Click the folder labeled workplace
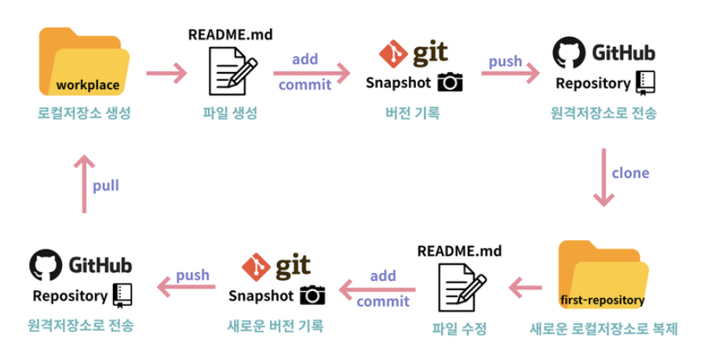85,63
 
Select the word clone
630,173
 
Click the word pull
106,186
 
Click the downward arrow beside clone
603,177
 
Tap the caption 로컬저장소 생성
84,113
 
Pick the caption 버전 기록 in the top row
413,113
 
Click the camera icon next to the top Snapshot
450,82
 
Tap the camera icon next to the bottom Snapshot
312,295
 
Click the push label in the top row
505,61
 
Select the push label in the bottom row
192,275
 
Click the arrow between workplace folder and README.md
166,75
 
